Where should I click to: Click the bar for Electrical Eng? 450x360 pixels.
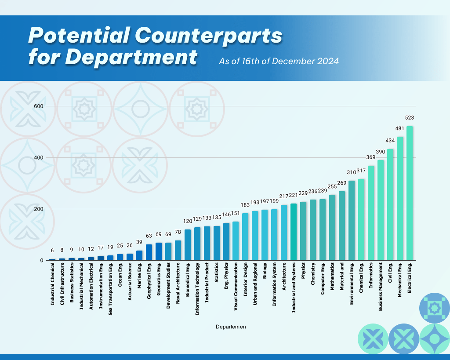(x=410, y=193)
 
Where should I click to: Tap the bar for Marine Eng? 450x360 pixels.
(x=139, y=255)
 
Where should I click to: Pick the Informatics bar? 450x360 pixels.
(x=371, y=213)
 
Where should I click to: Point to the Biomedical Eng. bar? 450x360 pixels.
(x=188, y=245)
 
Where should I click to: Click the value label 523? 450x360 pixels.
(x=410, y=118)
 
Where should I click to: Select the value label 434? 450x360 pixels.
(x=390, y=141)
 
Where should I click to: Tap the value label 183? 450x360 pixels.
(x=245, y=205)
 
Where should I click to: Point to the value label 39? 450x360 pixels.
(x=139, y=242)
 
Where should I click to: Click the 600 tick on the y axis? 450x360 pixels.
(x=38, y=106)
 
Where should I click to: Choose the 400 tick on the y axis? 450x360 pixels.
(x=38, y=158)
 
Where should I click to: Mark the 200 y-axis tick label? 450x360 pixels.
(x=38, y=209)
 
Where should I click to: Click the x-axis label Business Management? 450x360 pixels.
(x=381, y=287)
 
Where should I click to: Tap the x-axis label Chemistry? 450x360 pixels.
(x=313, y=274)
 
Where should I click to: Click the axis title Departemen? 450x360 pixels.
(x=231, y=327)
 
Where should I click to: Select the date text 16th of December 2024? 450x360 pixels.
(x=290, y=61)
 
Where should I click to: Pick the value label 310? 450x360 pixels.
(x=352, y=172)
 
